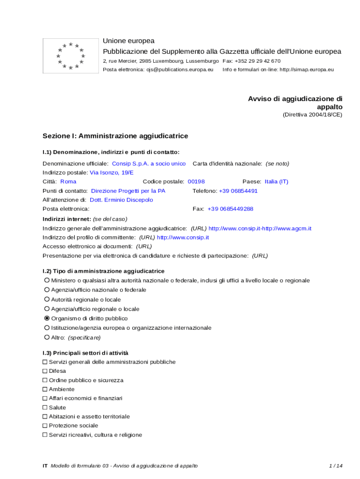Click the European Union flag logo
tap(71, 56)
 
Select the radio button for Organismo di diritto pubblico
tap(47, 318)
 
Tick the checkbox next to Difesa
tap(45, 371)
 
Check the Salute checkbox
tap(45, 407)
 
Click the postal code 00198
tap(196, 181)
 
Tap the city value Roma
tap(68, 181)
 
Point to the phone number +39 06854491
tap(238, 191)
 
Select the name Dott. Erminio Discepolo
tap(121, 200)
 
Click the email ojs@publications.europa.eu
tap(180, 70)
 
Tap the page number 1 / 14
tap(336, 466)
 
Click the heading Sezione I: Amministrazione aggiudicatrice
tap(115, 136)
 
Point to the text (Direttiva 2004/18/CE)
tap(312, 115)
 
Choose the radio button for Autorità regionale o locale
tap(47, 299)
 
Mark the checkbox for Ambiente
tap(45, 389)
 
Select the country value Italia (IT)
tap(276, 181)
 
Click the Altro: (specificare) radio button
tap(47, 337)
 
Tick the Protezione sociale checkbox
tap(45, 426)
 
